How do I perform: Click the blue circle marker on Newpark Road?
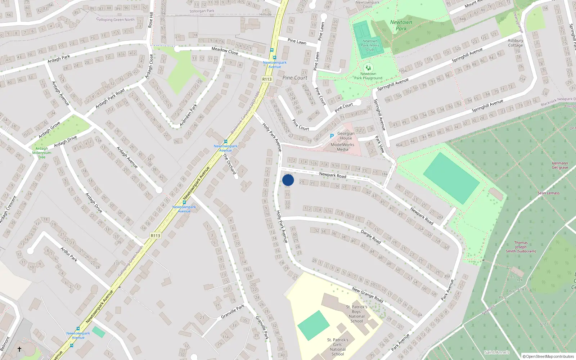(x=288, y=180)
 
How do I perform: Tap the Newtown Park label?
(x=401, y=25)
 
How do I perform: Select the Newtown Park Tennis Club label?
(x=370, y=45)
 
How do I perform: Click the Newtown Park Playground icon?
(x=368, y=67)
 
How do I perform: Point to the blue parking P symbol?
(x=332, y=136)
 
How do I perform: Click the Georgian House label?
(x=346, y=136)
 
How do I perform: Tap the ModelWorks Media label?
(x=342, y=147)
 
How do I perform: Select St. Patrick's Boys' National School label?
(x=356, y=314)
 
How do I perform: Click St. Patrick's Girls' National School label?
(x=338, y=347)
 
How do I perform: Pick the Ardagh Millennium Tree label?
(x=42, y=153)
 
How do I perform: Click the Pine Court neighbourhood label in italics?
(x=295, y=78)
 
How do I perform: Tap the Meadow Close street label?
(x=225, y=51)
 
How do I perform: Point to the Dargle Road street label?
(x=370, y=237)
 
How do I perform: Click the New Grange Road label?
(x=367, y=294)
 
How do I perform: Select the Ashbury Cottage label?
(x=516, y=43)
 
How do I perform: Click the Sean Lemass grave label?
(x=548, y=193)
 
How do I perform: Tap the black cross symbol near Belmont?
(x=19, y=349)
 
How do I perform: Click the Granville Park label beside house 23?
(x=233, y=311)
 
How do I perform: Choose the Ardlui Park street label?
(x=69, y=254)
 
